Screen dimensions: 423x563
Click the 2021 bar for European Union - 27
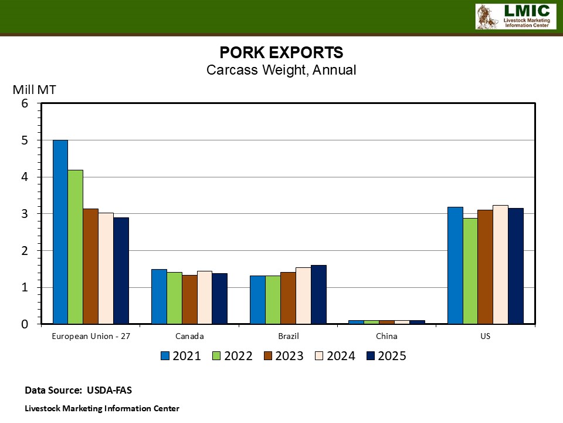tap(60, 231)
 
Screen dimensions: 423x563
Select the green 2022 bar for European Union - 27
tap(76, 247)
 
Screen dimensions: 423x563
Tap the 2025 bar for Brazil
tap(318, 294)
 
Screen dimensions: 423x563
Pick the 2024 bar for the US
tap(500, 264)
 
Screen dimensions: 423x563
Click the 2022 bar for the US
tap(470, 271)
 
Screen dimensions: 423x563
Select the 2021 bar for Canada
tap(159, 296)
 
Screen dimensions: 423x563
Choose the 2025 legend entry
tap(386, 356)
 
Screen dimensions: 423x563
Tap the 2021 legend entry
tap(181, 356)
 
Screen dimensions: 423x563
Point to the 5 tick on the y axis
tap(24, 140)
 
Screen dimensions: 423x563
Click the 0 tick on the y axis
tap(24, 324)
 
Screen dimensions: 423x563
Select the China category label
tap(386, 337)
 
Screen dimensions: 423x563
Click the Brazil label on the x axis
tap(288, 337)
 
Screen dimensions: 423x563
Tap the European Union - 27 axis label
tap(90, 337)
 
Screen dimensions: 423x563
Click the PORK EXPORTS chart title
tap(281, 52)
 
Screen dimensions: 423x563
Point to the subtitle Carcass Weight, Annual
tap(281, 70)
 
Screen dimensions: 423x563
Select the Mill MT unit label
tap(35, 90)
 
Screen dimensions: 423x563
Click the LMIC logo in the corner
tap(515, 16)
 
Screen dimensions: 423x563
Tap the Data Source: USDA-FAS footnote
tap(83, 390)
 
